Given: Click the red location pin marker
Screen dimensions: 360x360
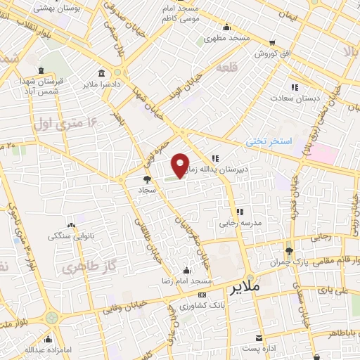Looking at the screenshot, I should coord(181,166).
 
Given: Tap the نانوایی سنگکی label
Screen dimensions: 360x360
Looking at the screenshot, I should coord(71,236).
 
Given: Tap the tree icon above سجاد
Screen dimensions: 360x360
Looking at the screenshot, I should coord(146,179).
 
